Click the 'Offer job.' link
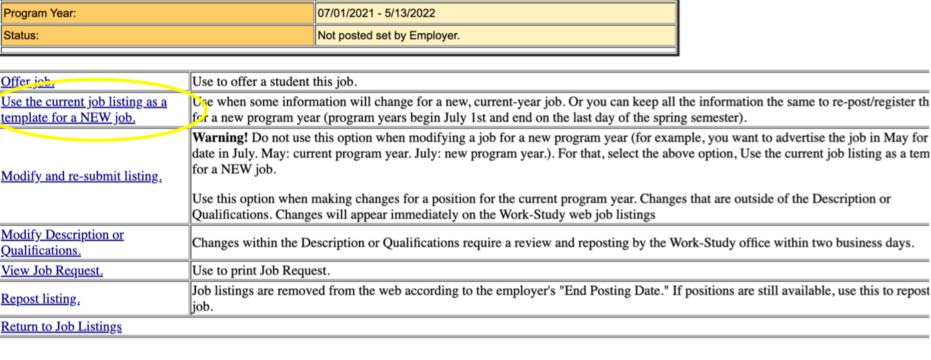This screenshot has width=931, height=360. pyautogui.click(x=27, y=82)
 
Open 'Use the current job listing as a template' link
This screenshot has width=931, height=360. pyautogui.click(x=84, y=103)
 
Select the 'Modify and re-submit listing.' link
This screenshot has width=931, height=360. pyautogui.click(x=81, y=177)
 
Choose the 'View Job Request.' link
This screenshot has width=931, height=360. pyautogui.click(x=52, y=271)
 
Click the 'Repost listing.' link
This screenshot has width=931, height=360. pyautogui.click(x=41, y=299)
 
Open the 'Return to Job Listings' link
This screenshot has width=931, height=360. pyautogui.click(x=61, y=327)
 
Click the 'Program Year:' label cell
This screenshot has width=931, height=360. pyautogui.click(x=40, y=13)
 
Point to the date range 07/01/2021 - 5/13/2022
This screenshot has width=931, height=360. pyautogui.click(x=377, y=13)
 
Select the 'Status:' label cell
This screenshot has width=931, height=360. pyautogui.click(x=21, y=35)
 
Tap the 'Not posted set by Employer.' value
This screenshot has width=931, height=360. pyautogui.click(x=389, y=35)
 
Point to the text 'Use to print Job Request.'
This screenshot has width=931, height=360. pyautogui.click(x=261, y=271)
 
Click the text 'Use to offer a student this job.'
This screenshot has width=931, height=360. pyautogui.click(x=275, y=83)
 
